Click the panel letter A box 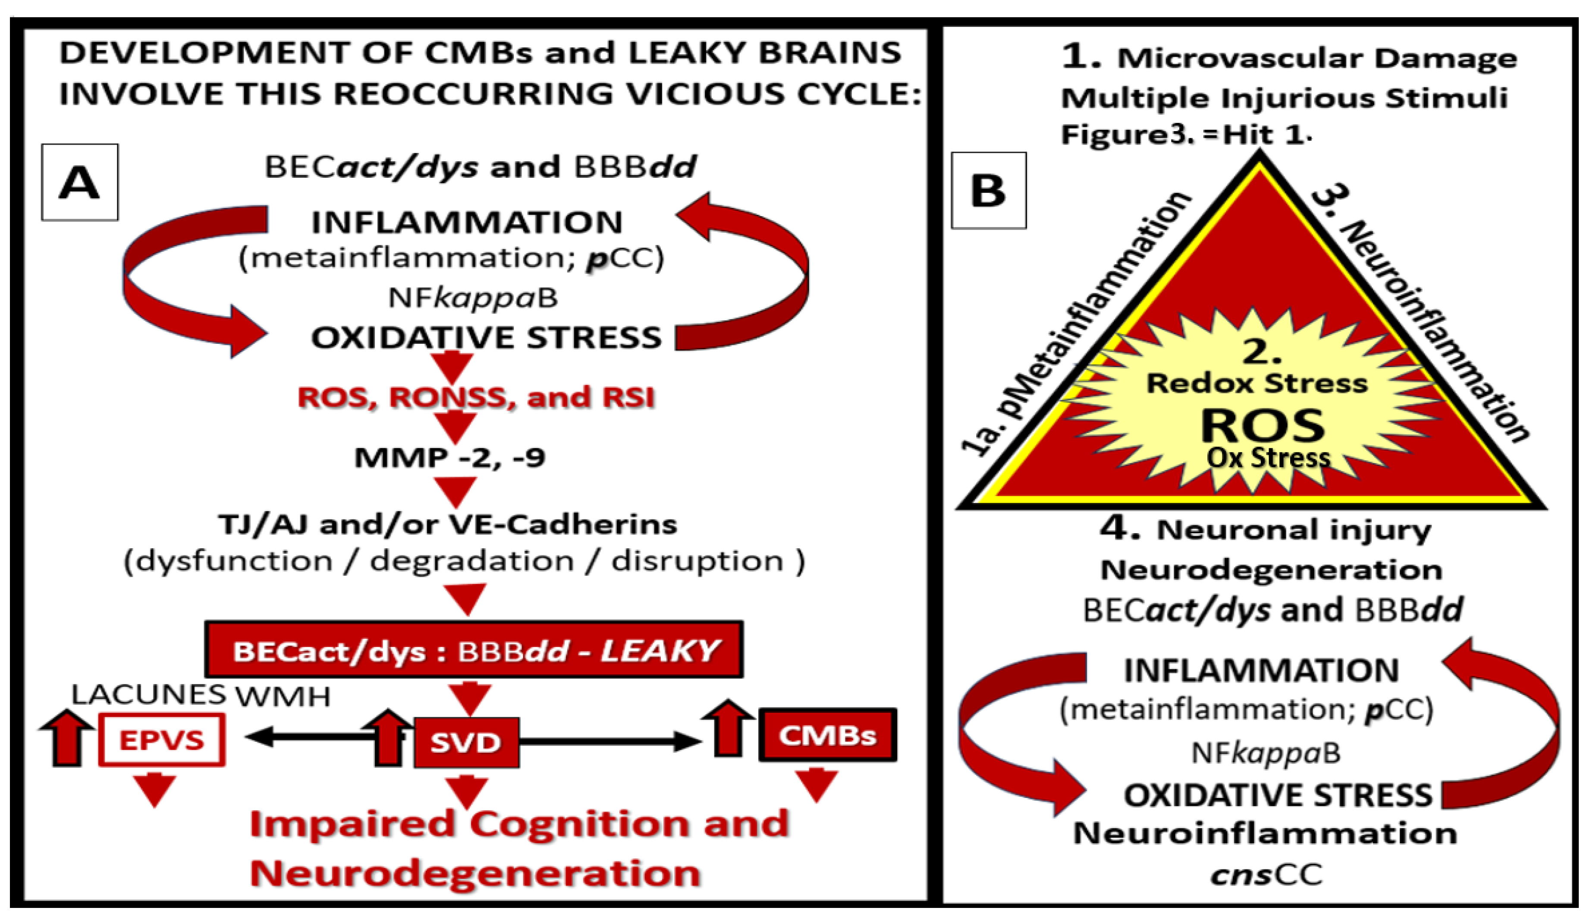80,182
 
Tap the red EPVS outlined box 162,740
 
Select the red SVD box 466,742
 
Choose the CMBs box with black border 827,735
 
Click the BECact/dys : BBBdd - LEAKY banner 474,650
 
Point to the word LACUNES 148,694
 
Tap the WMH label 283,696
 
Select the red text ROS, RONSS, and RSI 476,397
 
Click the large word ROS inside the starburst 1263,425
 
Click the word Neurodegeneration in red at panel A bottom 475,873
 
